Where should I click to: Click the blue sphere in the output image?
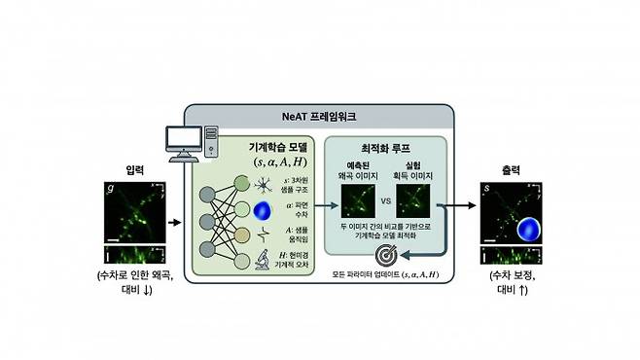pos(525,230)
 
